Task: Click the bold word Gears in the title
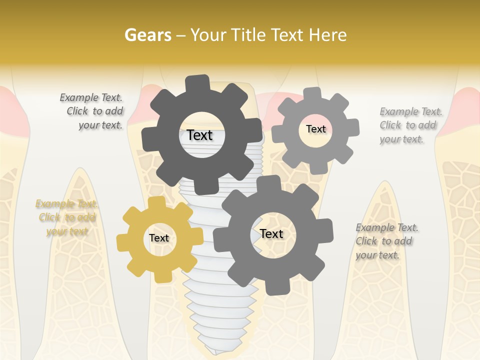[147, 35]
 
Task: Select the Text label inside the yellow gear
[159, 238]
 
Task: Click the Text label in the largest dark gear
[200, 135]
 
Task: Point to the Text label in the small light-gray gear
[315, 129]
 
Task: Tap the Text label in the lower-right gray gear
[271, 233]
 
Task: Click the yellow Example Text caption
[66, 217]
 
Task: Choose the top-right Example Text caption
[410, 125]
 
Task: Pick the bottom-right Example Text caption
[386, 241]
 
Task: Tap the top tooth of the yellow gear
[156, 202]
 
